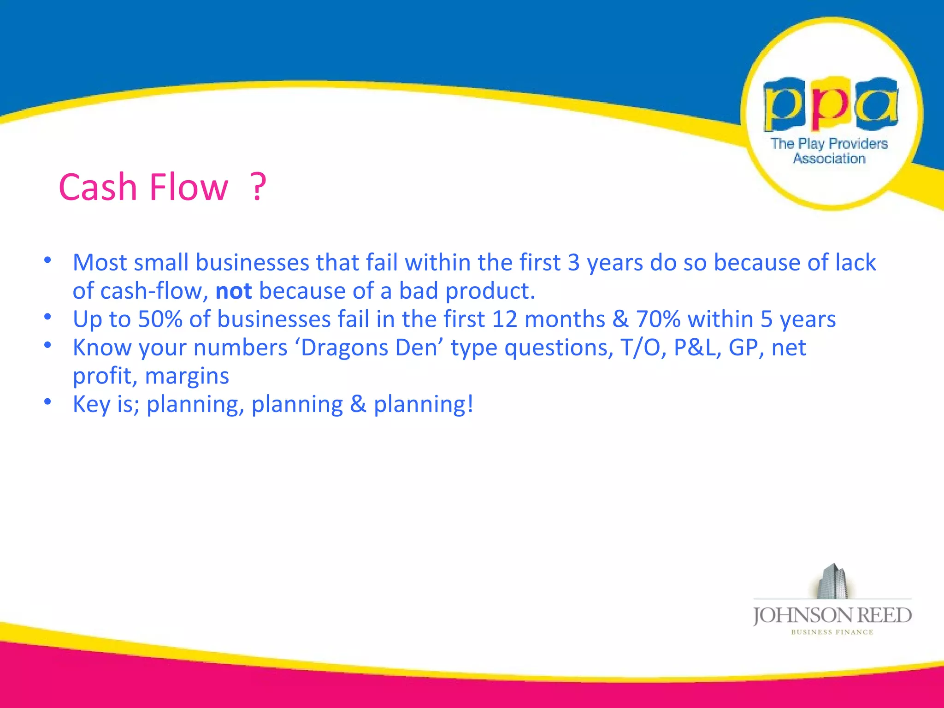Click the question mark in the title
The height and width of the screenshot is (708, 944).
click(x=259, y=187)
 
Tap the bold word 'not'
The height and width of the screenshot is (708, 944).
click(x=234, y=291)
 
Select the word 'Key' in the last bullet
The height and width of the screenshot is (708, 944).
click(x=91, y=404)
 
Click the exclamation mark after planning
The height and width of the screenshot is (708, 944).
click(x=470, y=404)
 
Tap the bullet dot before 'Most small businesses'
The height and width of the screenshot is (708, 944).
click(x=47, y=260)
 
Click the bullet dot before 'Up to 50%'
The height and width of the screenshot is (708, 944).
click(x=47, y=317)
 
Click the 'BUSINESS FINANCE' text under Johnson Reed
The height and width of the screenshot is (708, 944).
click(x=832, y=632)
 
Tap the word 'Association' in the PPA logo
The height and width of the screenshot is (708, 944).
click(x=829, y=159)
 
